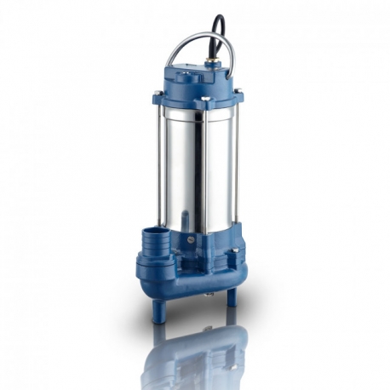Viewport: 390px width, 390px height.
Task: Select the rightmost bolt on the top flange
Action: (x=233, y=95)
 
